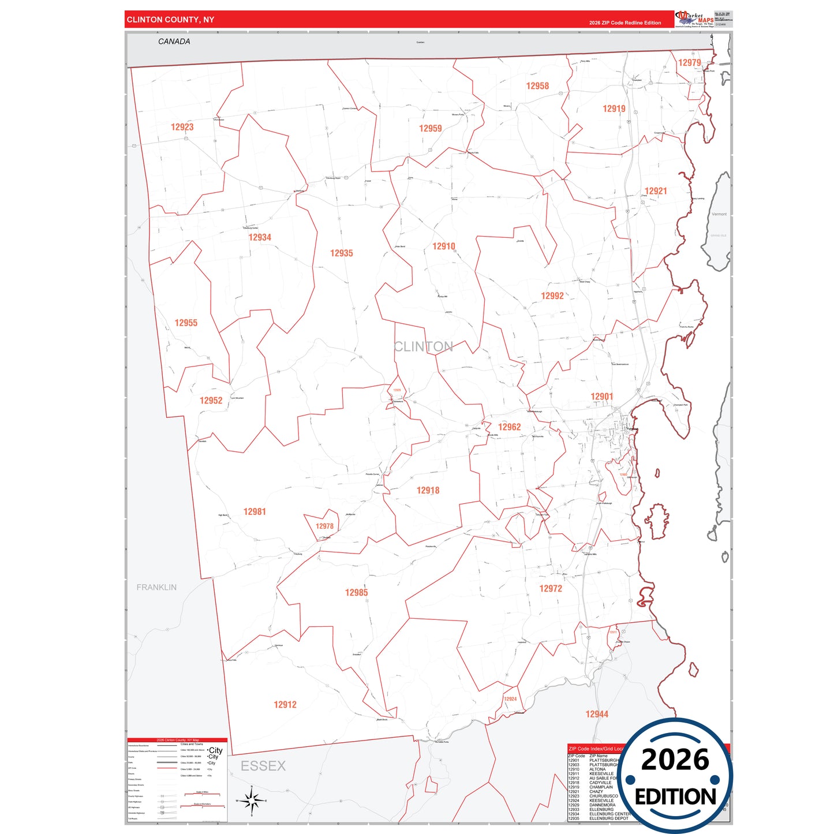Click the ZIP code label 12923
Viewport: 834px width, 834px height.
[x=182, y=127]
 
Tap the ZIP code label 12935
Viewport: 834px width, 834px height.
[x=341, y=253]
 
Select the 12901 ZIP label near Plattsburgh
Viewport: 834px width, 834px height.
[x=601, y=397]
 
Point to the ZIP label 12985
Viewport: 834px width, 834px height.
[x=356, y=593]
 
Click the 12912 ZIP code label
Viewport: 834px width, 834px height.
[x=285, y=705]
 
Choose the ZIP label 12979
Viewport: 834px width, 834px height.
[x=689, y=63]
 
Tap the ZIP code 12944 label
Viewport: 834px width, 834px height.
[x=597, y=715]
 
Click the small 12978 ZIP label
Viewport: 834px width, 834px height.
[x=324, y=526]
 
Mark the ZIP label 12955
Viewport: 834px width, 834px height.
[x=186, y=323]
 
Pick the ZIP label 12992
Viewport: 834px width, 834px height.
[x=552, y=296]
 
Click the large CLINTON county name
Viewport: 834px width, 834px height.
[x=423, y=346]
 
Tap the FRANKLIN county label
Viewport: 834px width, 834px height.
[x=156, y=588]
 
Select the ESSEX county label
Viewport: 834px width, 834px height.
[x=263, y=766]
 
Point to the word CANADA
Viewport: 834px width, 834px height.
[x=174, y=42]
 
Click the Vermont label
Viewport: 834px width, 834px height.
[x=719, y=214]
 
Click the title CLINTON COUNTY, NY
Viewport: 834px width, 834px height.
[x=170, y=20]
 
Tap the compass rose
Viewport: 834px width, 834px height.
[x=252, y=801]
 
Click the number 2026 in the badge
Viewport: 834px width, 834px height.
[x=675, y=760]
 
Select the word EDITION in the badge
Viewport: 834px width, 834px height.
[x=675, y=797]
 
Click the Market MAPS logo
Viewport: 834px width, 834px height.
[x=695, y=18]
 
